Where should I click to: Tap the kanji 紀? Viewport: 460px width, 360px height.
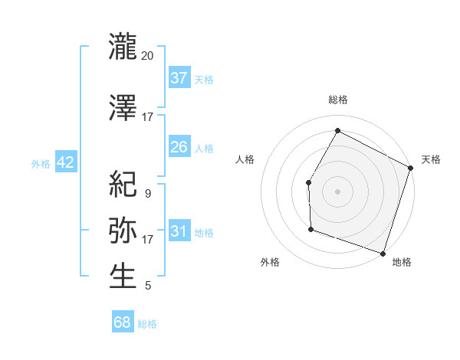(123, 184)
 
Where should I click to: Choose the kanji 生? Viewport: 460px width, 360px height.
(123, 276)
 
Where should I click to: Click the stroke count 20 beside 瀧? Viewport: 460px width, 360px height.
(148, 56)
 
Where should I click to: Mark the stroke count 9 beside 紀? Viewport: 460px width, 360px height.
(147, 194)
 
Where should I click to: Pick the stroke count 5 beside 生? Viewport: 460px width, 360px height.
(147, 286)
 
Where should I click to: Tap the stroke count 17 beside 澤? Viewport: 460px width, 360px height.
(148, 117)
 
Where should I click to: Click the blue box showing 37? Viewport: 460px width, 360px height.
(179, 77)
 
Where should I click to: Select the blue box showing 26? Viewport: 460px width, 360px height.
(179, 146)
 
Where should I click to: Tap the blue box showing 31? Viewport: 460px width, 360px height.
(179, 231)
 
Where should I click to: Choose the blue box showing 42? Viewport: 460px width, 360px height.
(65, 162)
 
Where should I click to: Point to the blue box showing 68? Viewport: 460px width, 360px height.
(123, 322)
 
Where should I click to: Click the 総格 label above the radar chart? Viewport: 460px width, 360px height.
(338, 100)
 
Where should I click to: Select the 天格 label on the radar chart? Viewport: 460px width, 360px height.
(431, 159)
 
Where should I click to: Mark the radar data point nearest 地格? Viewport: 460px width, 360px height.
(383, 253)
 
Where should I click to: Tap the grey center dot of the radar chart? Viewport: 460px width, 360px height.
(337, 191)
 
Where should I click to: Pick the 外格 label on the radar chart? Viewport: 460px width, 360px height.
(270, 262)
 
